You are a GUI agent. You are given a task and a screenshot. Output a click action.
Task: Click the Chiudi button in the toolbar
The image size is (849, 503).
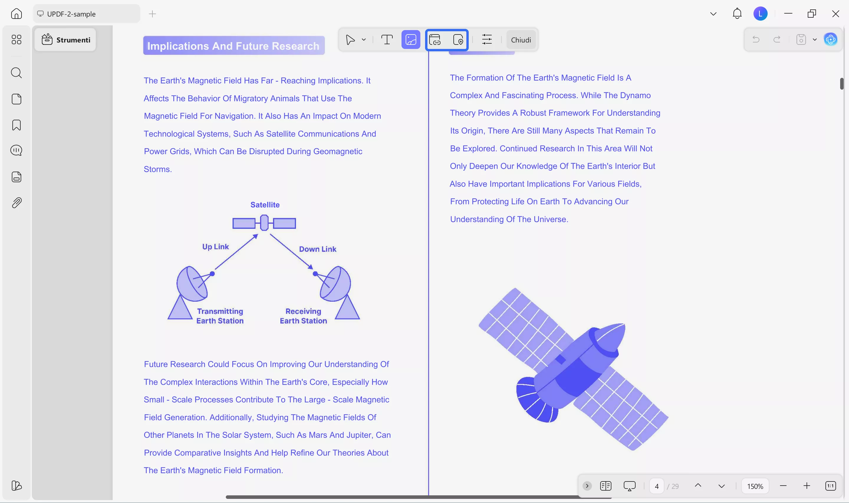521,40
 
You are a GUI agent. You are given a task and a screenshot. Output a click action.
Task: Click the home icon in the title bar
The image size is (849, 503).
16,14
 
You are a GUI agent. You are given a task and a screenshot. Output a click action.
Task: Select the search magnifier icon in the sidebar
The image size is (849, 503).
16,73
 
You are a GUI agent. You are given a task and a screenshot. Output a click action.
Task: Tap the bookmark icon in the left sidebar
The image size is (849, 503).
16,125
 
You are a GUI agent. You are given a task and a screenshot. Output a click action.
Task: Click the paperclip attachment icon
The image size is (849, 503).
16,203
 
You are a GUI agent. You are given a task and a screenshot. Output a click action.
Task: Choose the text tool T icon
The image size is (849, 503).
387,40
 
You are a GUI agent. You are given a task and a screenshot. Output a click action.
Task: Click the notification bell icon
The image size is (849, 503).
737,14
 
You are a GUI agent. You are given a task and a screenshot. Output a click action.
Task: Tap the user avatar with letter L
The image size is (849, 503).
760,14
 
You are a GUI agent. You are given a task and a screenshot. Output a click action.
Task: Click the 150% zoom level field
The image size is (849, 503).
755,486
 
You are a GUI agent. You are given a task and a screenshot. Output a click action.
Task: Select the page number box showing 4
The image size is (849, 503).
657,486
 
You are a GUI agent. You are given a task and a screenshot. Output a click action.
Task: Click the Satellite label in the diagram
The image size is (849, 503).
265,205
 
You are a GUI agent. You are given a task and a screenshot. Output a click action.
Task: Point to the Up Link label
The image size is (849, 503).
215,247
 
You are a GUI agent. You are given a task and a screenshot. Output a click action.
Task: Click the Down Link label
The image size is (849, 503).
317,249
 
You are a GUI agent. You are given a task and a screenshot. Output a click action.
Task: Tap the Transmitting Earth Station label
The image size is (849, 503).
220,316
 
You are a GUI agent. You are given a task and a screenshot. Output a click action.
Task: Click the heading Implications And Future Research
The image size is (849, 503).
233,46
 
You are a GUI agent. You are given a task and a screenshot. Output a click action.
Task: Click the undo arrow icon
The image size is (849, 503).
756,40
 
